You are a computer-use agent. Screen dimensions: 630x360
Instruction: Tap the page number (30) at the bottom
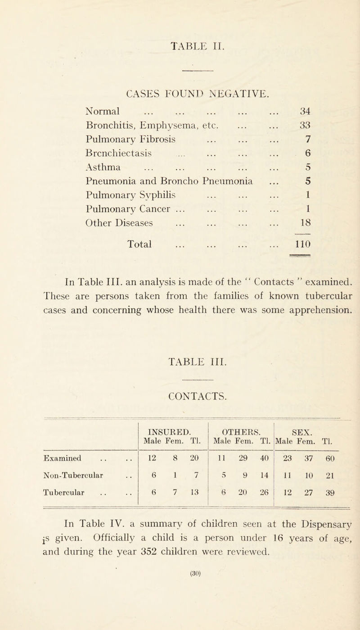point(180,620)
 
